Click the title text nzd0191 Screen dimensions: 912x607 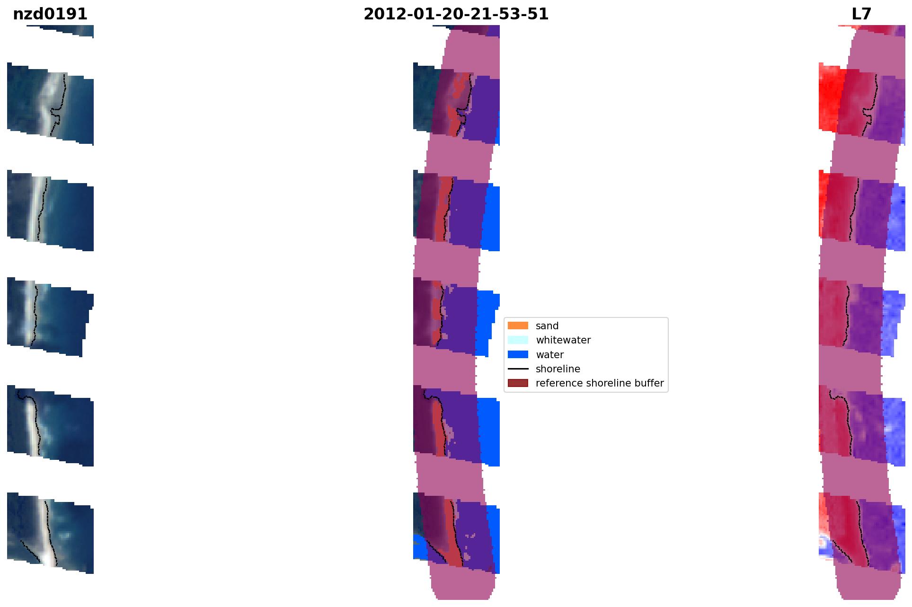[50, 14]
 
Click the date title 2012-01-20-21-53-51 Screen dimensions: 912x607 [456, 14]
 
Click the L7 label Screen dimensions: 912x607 [861, 14]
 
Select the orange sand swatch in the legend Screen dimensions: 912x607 [518, 325]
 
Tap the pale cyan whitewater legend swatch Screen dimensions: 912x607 [518, 340]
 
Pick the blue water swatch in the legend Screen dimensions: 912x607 [518, 354]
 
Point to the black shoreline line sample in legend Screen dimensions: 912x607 [518, 369]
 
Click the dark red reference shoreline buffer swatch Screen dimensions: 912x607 [518, 383]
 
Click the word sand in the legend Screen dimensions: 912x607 [547, 326]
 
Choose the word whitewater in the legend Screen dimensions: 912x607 [563, 340]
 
